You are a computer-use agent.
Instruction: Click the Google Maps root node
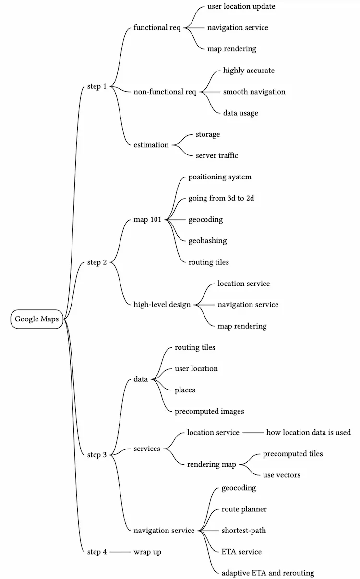click(x=37, y=319)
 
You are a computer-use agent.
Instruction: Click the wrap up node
click(x=147, y=552)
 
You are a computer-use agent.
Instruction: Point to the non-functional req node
click(x=165, y=92)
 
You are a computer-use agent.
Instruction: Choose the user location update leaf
click(x=241, y=6)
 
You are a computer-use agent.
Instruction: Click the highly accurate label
click(x=249, y=71)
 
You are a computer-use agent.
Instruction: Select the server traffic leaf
click(x=216, y=155)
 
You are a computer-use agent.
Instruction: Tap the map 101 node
click(x=147, y=220)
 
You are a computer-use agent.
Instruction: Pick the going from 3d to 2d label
click(x=221, y=198)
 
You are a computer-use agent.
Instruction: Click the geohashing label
click(x=207, y=241)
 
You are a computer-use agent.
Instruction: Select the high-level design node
click(x=162, y=305)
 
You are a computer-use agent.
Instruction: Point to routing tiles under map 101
click(x=208, y=262)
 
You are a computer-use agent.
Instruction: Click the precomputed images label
click(x=209, y=411)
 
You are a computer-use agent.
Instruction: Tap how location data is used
click(x=308, y=432)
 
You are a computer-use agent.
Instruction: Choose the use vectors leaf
click(x=281, y=475)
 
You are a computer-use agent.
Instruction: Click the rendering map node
click(x=211, y=464)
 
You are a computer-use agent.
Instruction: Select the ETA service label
click(x=241, y=552)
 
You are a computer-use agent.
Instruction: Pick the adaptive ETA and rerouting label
click(x=267, y=573)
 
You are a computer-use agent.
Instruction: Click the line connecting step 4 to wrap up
click(x=120, y=552)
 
